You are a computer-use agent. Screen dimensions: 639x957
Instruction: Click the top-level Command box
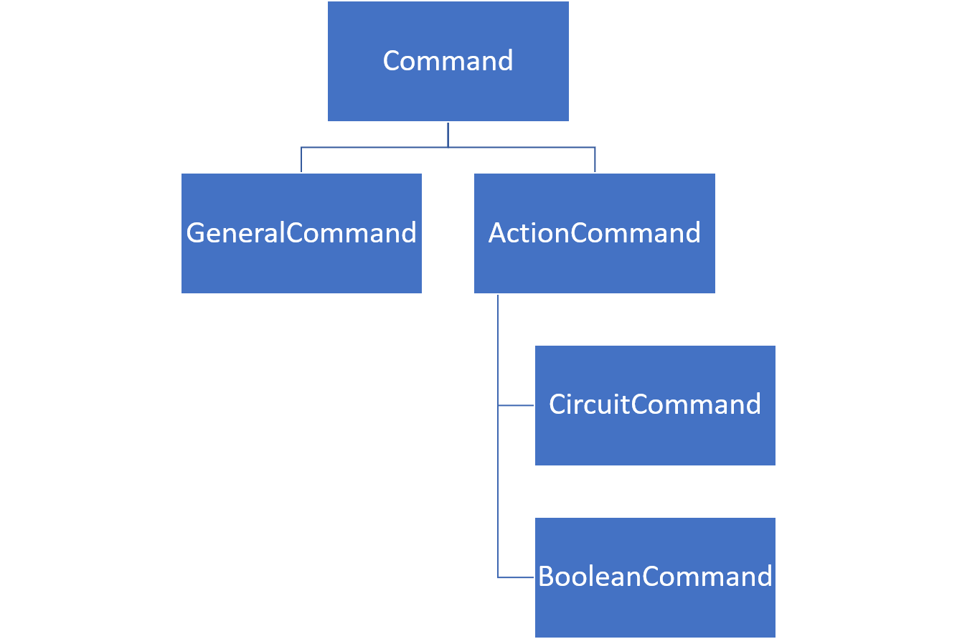pos(448,61)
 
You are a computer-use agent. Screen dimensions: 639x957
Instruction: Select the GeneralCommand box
pos(301,233)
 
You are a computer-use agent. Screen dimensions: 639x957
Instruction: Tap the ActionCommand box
pos(594,233)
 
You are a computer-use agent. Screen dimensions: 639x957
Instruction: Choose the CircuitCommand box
pos(655,405)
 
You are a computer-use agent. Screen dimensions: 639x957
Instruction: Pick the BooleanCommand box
pos(655,577)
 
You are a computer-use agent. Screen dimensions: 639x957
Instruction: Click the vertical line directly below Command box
pos(448,134)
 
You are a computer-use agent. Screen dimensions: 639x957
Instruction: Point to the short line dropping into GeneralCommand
pos(301,160)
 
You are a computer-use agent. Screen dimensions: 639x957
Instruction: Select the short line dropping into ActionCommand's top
pos(595,160)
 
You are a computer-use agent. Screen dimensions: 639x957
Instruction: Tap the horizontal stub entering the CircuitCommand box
pos(517,405)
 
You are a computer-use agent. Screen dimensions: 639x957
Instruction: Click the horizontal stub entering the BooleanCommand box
pos(517,577)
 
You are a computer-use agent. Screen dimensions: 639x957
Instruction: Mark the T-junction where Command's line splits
pos(448,147)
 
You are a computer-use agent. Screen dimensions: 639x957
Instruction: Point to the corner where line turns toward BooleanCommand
pos(498,577)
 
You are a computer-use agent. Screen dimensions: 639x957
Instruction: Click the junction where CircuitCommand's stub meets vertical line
pos(498,405)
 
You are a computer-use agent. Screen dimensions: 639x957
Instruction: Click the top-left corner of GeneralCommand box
pos(181,173)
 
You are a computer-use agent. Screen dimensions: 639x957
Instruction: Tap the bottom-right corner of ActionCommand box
pos(715,293)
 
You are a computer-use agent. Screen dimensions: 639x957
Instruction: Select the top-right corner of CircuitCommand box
pos(775,345)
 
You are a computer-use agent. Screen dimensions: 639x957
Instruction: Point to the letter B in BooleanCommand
pos(546,577)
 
